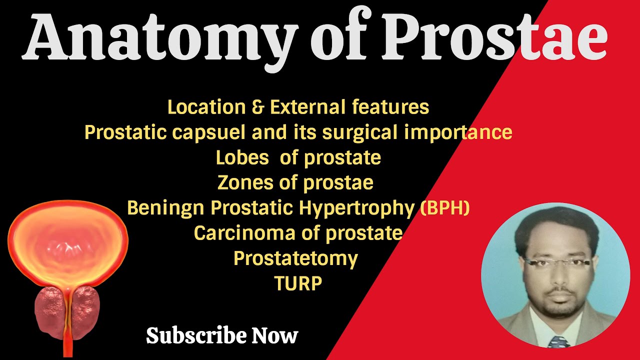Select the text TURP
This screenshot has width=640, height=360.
click(x=298, y=283)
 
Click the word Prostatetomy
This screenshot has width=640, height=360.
click(x=295, y=258)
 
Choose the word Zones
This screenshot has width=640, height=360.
click(x=246, y=182)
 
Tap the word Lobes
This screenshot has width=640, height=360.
click(x=242, y=157)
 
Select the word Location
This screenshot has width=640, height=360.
click(x=206, y=107)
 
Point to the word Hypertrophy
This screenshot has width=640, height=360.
click(x=358, y=208)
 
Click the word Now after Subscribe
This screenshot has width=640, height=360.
click(x=275, y=335)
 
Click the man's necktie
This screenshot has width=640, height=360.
click(x=559, y=342)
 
